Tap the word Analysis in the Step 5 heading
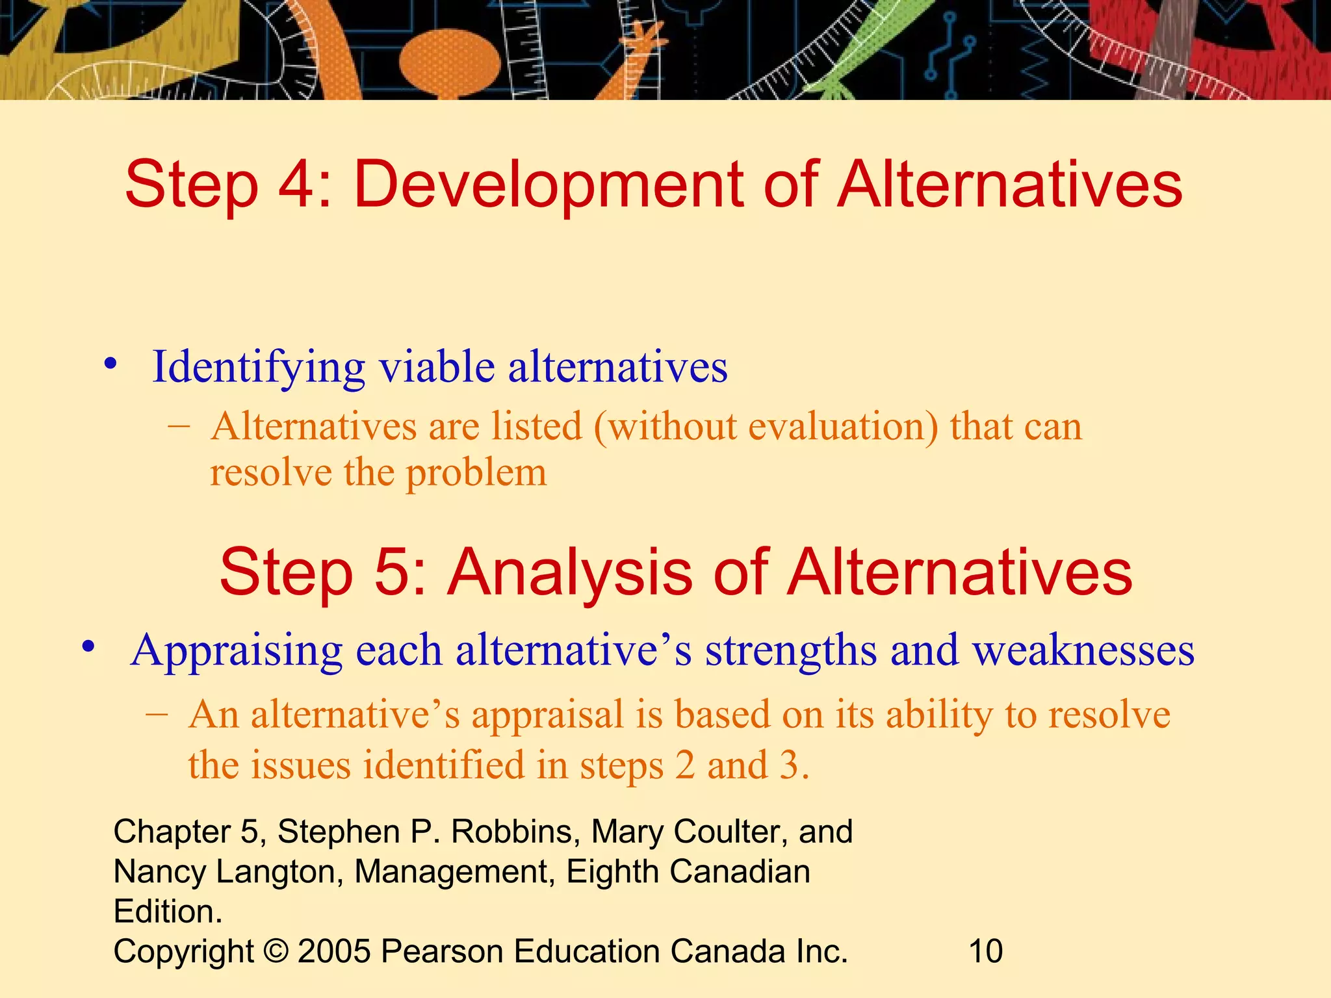click(x=570, y=572)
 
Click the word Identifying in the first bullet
click(x=259, y=367)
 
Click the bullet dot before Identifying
click(x=111, y=364)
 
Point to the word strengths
click(x=790, y=650)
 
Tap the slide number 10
click(x=985, y=952)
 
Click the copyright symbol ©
click(x=276, y=952)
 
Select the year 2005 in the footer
click(x=334, y=952)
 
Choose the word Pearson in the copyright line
click(x=442, y=952)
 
